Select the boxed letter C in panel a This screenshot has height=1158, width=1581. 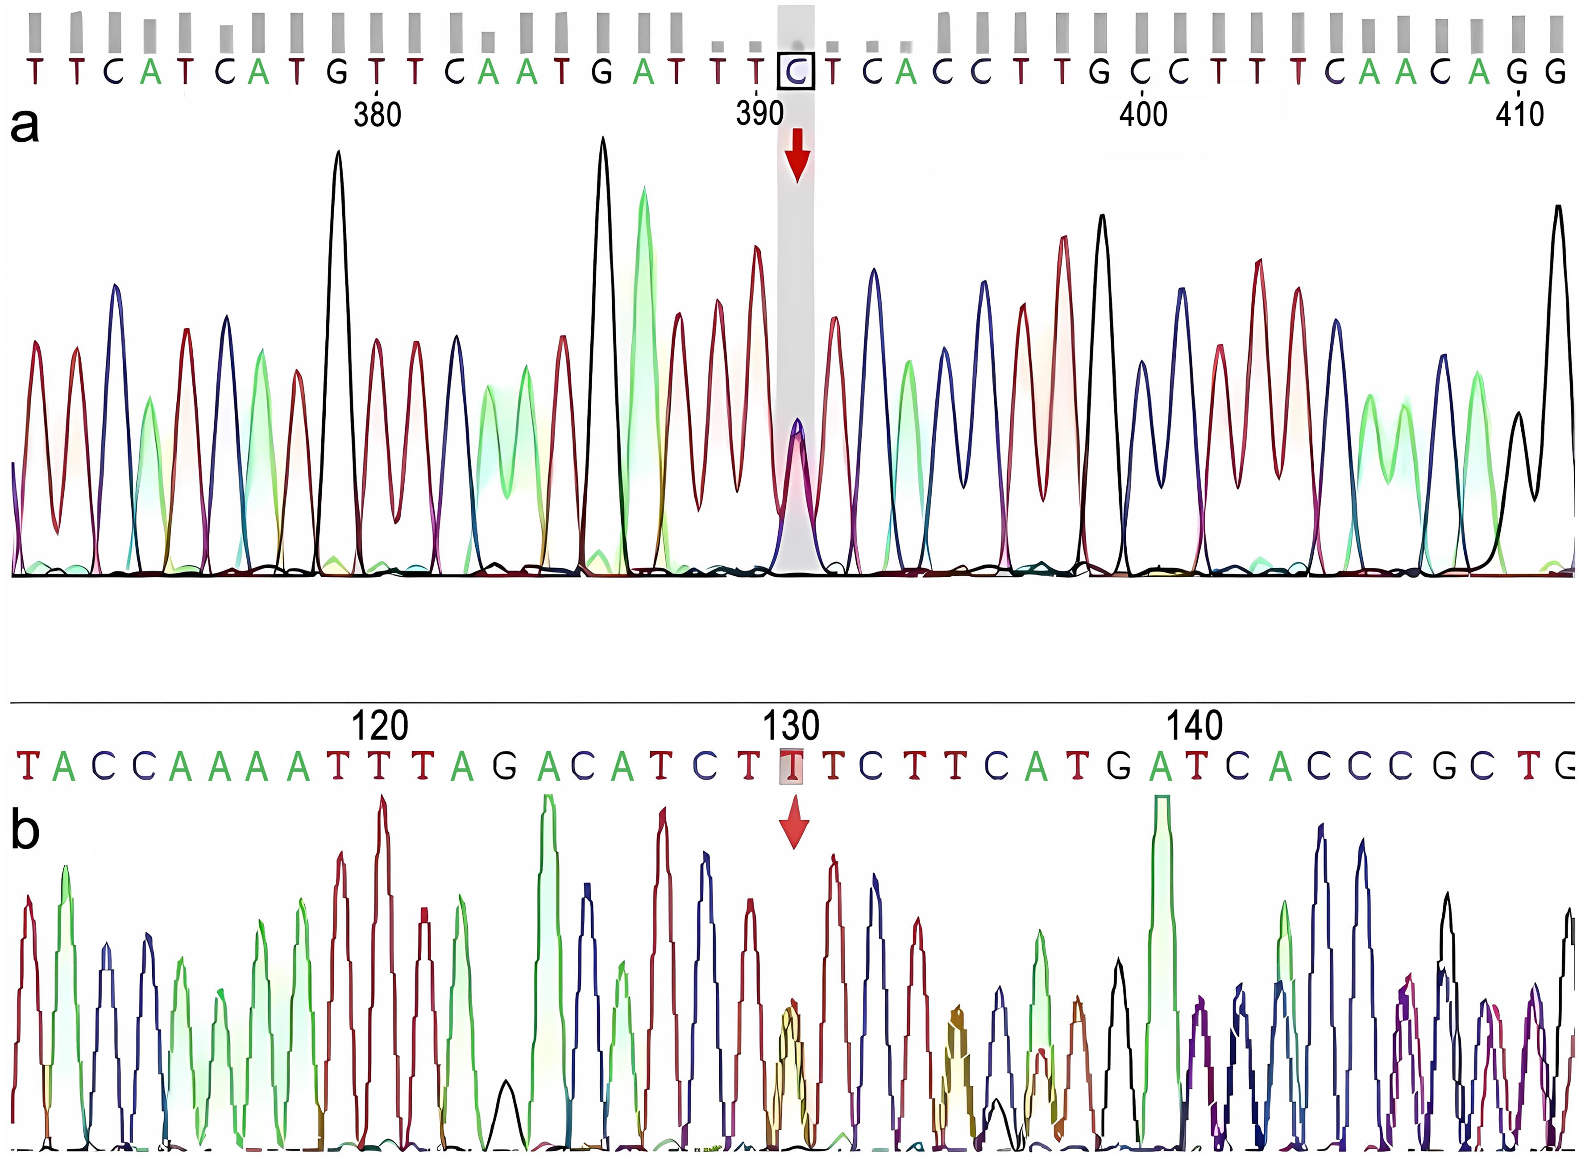(796, 71)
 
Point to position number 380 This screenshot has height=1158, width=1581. (377, 114)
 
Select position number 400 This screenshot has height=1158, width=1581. (1143, 114)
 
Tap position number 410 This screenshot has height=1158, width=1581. (1519, 114)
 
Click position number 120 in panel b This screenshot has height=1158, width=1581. (379, 726)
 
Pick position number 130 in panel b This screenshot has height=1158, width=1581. (790, 726)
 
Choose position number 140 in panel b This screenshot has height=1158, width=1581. (1194, 726)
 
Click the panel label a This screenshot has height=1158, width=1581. (25, 126)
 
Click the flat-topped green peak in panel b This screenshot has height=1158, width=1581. (1162, 802)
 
